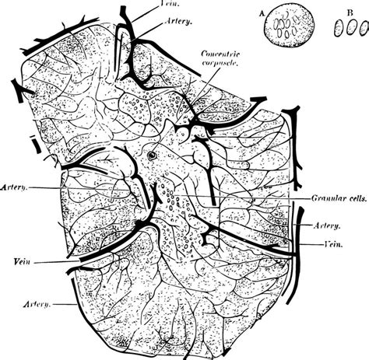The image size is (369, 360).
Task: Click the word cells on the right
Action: (x=351, y=197)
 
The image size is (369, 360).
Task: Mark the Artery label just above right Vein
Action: (x=326, y=226)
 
